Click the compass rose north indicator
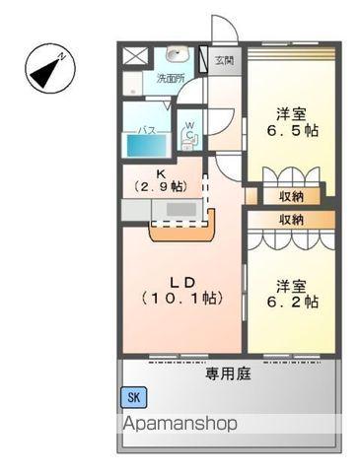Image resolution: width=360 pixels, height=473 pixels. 50,69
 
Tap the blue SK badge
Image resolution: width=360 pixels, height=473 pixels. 134,397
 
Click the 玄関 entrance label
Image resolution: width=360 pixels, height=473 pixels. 225,61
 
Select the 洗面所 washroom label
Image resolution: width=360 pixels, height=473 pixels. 171,79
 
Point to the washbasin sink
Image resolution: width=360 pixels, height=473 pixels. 177,54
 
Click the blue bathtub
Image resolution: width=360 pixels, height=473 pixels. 147,146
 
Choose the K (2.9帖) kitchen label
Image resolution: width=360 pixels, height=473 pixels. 161,180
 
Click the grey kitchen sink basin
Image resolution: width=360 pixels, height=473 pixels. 181,209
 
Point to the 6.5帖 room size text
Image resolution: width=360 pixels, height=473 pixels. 292,131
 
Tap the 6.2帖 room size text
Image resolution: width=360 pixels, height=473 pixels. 292,302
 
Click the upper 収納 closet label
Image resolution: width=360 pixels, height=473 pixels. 292,197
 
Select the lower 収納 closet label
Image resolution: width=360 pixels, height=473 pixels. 292,220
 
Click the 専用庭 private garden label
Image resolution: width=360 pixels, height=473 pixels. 228,373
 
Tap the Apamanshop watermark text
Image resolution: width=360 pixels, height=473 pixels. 180,424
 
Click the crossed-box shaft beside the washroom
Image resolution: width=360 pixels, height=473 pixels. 135,56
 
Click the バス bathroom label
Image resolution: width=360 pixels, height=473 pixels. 147,131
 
